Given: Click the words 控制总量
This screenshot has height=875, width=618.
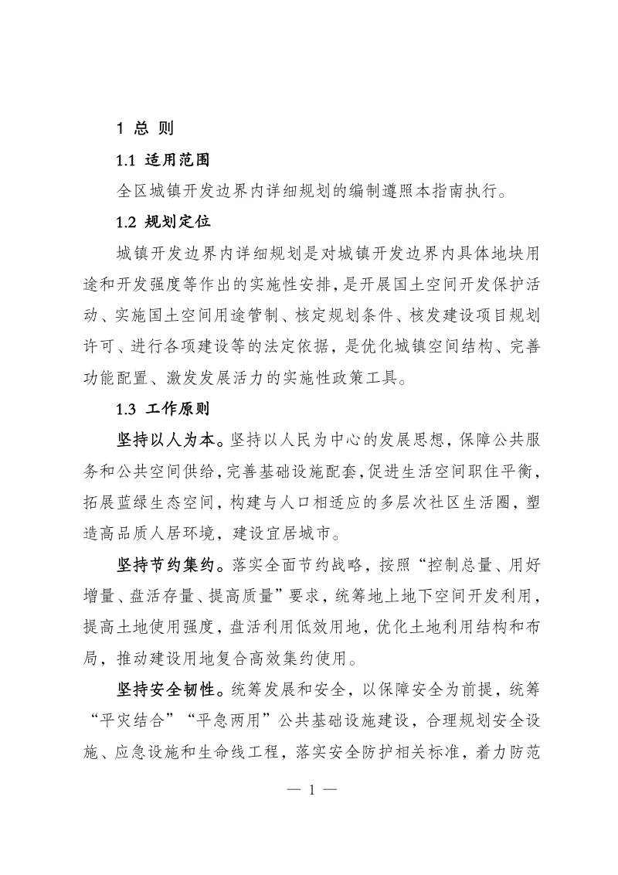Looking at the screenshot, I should tap(439, 566).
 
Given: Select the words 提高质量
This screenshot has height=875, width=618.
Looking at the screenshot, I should tap(260, 597).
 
